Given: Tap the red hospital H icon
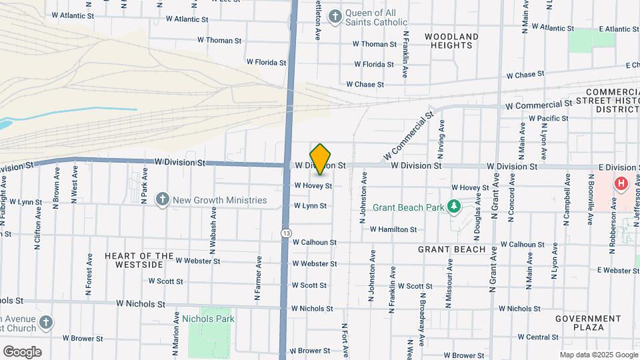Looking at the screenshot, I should coord(621,183).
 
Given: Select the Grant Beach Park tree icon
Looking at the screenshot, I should coord(454,207).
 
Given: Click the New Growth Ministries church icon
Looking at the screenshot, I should coord(162,200).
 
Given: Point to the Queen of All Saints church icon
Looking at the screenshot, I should coord(335,16).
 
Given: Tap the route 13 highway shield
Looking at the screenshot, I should coord(286,233).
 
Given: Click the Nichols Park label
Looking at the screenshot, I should coord(208,319).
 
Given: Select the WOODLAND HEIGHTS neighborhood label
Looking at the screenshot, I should coord(451,41).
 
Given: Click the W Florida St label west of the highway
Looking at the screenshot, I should coord(266,62).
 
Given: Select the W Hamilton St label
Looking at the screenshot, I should coord(393,229).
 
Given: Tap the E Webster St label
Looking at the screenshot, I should coord(618,270).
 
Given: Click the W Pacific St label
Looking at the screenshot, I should coord(549,118).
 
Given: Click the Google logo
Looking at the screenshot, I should coord(22,351).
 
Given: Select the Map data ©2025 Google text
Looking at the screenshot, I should coord(598,355).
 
